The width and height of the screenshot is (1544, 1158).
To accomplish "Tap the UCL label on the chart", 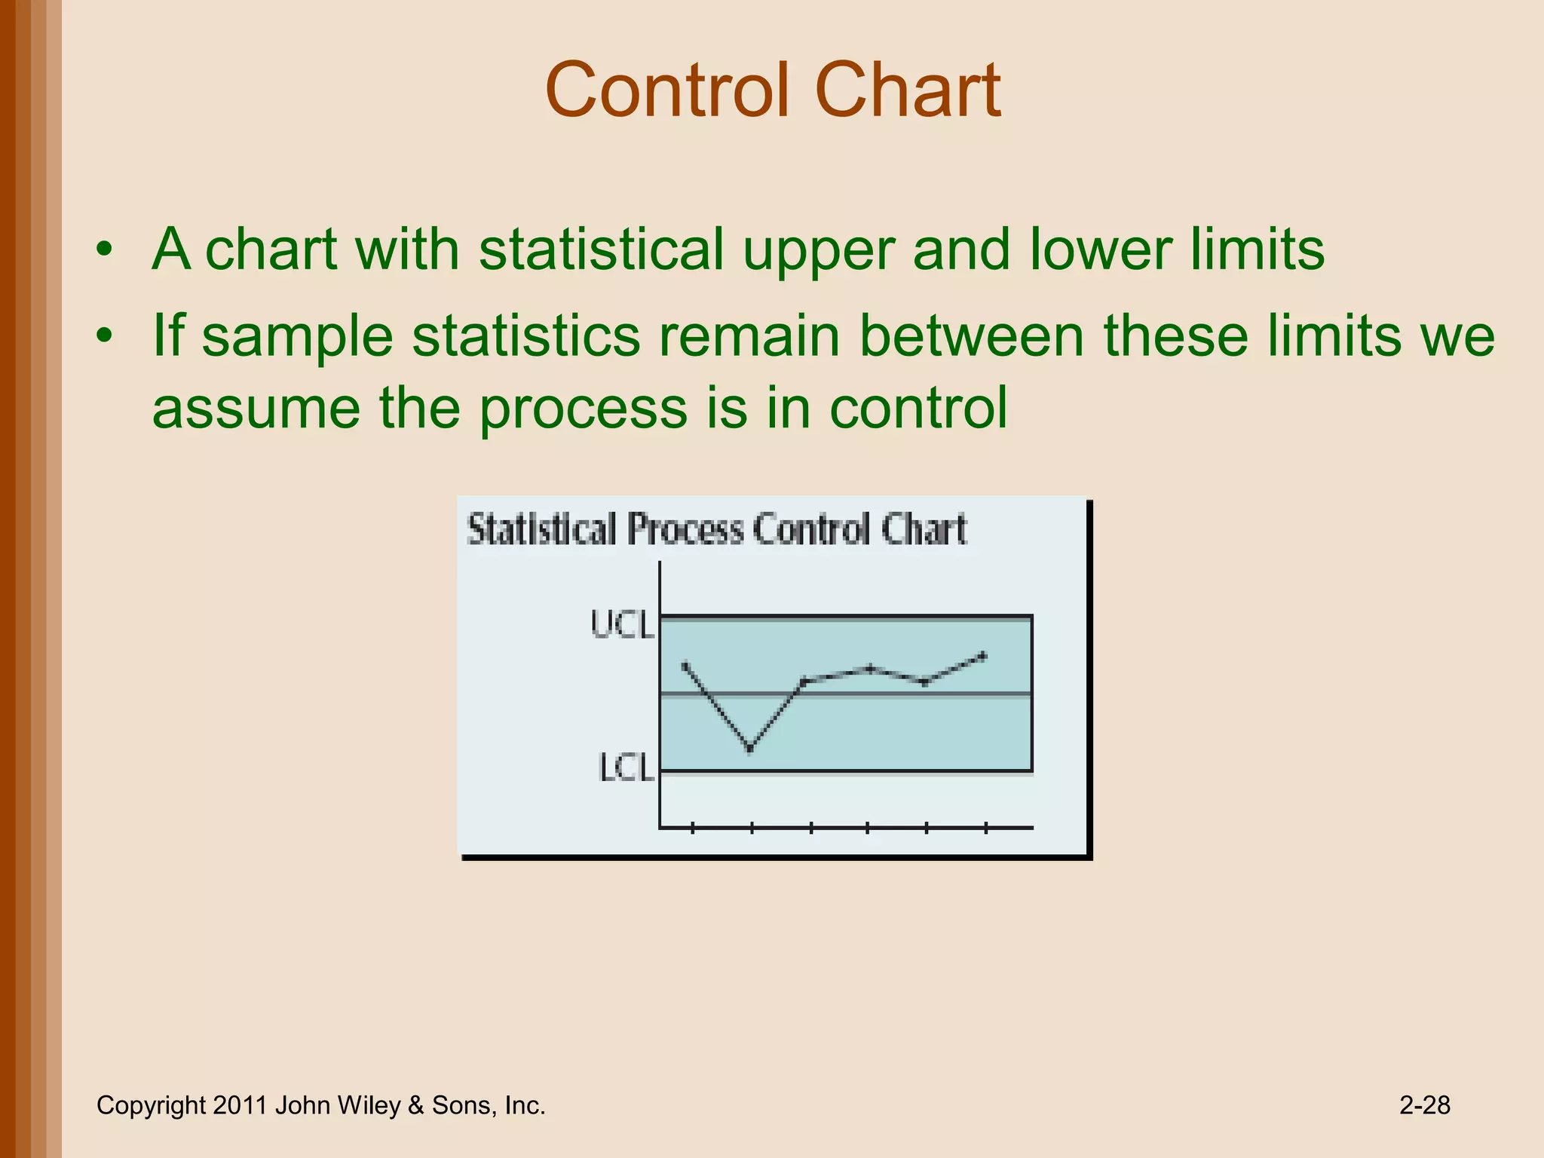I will [622, 625].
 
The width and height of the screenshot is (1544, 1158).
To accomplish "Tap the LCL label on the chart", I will [625, 767].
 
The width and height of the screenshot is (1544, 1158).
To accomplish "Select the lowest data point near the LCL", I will [750, 749].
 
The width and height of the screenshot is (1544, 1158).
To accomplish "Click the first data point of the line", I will [685, 665].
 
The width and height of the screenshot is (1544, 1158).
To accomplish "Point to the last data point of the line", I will [983, 655].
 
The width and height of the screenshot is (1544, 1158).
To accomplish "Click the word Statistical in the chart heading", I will [541, 529].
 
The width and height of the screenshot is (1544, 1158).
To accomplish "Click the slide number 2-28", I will [1424, 1105].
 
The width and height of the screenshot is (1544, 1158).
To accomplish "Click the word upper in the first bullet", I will [817, 250].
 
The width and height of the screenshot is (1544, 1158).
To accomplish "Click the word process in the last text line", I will [584, 407].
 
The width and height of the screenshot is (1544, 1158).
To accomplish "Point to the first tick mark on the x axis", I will [692, 828].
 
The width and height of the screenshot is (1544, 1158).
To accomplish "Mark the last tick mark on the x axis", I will [985, 828].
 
